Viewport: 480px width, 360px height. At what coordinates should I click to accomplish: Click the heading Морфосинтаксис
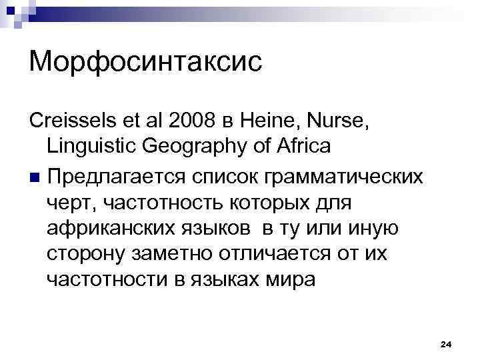pos(146,63)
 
